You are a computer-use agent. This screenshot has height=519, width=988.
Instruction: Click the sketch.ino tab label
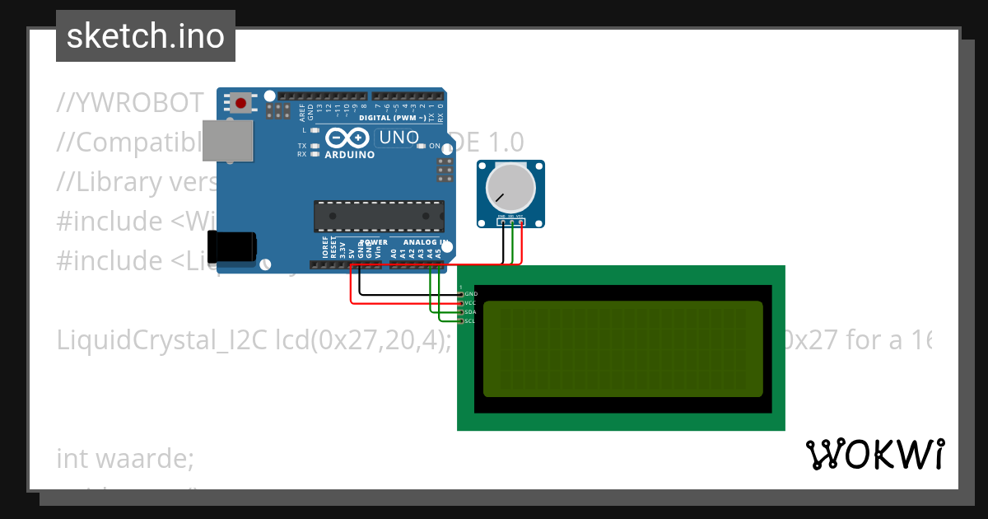tap(145, 36)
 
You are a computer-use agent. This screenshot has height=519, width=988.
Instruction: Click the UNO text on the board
tap(399, 138)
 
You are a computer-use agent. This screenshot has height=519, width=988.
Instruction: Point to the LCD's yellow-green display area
tap(622, 348)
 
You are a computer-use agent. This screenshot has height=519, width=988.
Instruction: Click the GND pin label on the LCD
tap(471, 294)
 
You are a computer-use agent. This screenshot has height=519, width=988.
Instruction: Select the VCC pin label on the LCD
tap(470, 303)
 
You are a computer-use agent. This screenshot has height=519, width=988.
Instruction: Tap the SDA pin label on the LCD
tap(470, 312)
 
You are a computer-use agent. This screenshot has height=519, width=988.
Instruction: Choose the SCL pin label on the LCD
tap(470, 321)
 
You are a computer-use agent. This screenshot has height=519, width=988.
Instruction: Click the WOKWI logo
tap(875, 454)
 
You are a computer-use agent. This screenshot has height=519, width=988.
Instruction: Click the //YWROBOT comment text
tap(130, 102)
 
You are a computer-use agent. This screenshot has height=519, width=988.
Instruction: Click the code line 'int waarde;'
tap(125, 457)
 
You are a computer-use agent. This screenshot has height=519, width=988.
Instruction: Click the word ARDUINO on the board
tap(350, 155)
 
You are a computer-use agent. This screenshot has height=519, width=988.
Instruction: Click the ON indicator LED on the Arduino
tap(421, 146)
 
